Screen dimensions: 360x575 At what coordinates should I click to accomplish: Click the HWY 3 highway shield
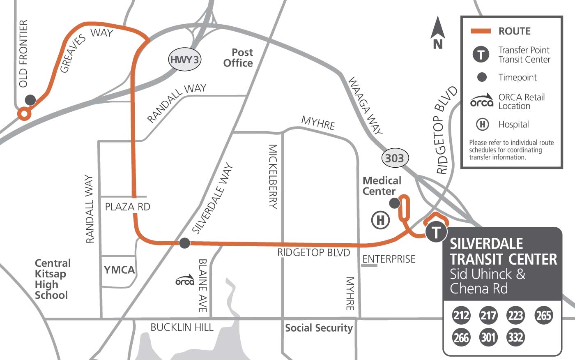(x=184, y=60)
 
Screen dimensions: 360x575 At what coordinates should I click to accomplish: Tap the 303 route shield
(x=394, y=158)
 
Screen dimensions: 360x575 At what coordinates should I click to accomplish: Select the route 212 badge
(x=461, y=315)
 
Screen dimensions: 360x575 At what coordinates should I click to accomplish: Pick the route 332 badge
(x=515, y=337)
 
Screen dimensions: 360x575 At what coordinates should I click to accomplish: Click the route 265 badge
(x=543, y=315)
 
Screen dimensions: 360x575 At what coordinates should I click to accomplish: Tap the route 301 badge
(x=488, y=337)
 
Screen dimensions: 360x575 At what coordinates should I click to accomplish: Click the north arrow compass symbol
(x=438, y=33)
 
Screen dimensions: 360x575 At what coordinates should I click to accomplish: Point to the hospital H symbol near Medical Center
(x=380, y=220)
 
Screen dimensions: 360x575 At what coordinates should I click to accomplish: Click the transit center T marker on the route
(x=436, y=232)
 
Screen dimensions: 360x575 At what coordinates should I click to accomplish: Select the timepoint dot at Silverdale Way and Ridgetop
(x=184, y=243)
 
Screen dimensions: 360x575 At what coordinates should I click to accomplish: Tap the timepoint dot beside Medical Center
(x=394, y=203)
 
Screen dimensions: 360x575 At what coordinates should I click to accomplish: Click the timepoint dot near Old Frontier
(x=30, y=100)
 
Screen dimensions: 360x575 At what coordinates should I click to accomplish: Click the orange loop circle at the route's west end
(x=24, y=114)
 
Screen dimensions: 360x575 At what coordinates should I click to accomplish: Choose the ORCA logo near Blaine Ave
(x=184, y=280)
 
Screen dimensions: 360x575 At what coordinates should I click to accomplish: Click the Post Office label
(x=238, y=58)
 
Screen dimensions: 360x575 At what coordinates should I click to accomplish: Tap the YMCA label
(x=119, y=270)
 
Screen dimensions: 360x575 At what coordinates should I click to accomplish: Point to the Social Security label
(x=319, y=328)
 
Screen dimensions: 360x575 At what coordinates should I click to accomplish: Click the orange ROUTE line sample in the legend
(x=480, y=31)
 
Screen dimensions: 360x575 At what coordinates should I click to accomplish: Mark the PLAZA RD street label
(x=127, y=207)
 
